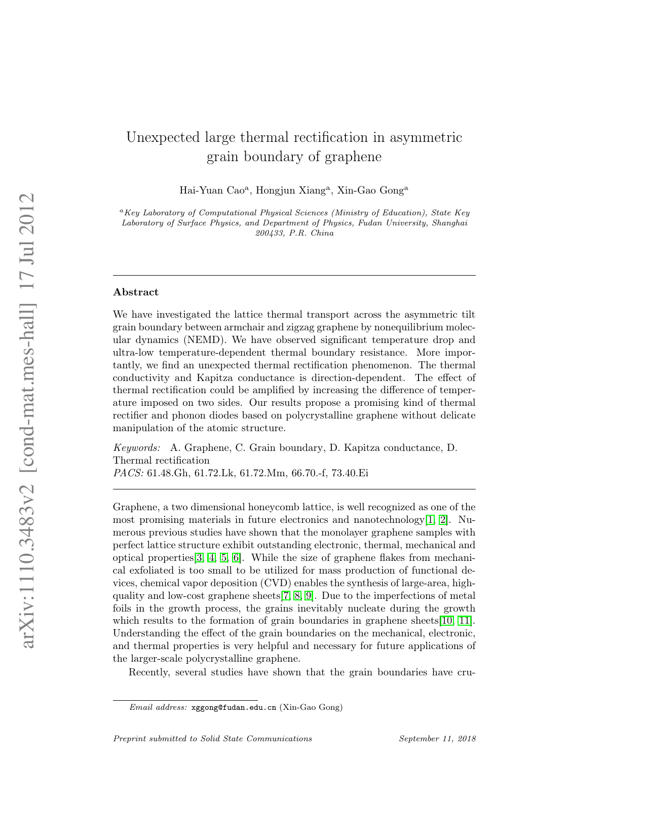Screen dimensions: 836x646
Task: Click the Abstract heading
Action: coord(136,292)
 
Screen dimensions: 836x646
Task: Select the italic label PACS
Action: coord(128,473)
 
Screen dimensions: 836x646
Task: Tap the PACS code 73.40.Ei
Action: coord(350,473)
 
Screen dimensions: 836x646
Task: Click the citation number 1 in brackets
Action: coord(430,520)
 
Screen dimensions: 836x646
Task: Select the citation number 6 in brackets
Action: coord(236,558)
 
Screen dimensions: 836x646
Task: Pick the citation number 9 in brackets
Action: coord(309,596)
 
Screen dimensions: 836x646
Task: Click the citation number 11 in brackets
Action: coord(464,621)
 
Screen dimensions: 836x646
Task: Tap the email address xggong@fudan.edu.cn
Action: coord(234,708)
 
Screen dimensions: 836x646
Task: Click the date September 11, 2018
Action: coord(437,739)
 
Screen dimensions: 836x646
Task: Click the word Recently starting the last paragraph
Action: coord(148,673)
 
